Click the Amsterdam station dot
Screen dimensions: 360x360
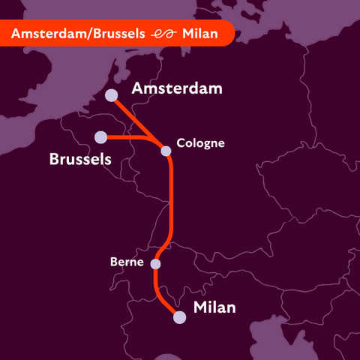click(111, 95)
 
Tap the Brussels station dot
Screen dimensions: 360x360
click(100, 136)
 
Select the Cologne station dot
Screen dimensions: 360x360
click(166, 151)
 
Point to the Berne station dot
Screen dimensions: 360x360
click(156, 264)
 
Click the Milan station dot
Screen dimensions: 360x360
click(179, 317)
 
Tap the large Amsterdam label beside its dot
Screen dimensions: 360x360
click(177, 89)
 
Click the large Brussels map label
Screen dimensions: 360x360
click(80, 159)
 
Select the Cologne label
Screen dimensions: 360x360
click(200, 142)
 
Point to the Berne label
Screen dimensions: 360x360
click(127, 262)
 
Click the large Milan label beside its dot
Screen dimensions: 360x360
click(214, 307)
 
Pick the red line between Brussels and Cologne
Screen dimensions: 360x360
click(135, 138)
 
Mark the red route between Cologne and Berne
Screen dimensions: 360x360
click(171, 202)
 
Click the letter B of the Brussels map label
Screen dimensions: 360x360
click(55, 159)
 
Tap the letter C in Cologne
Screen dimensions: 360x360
click(180, 142)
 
